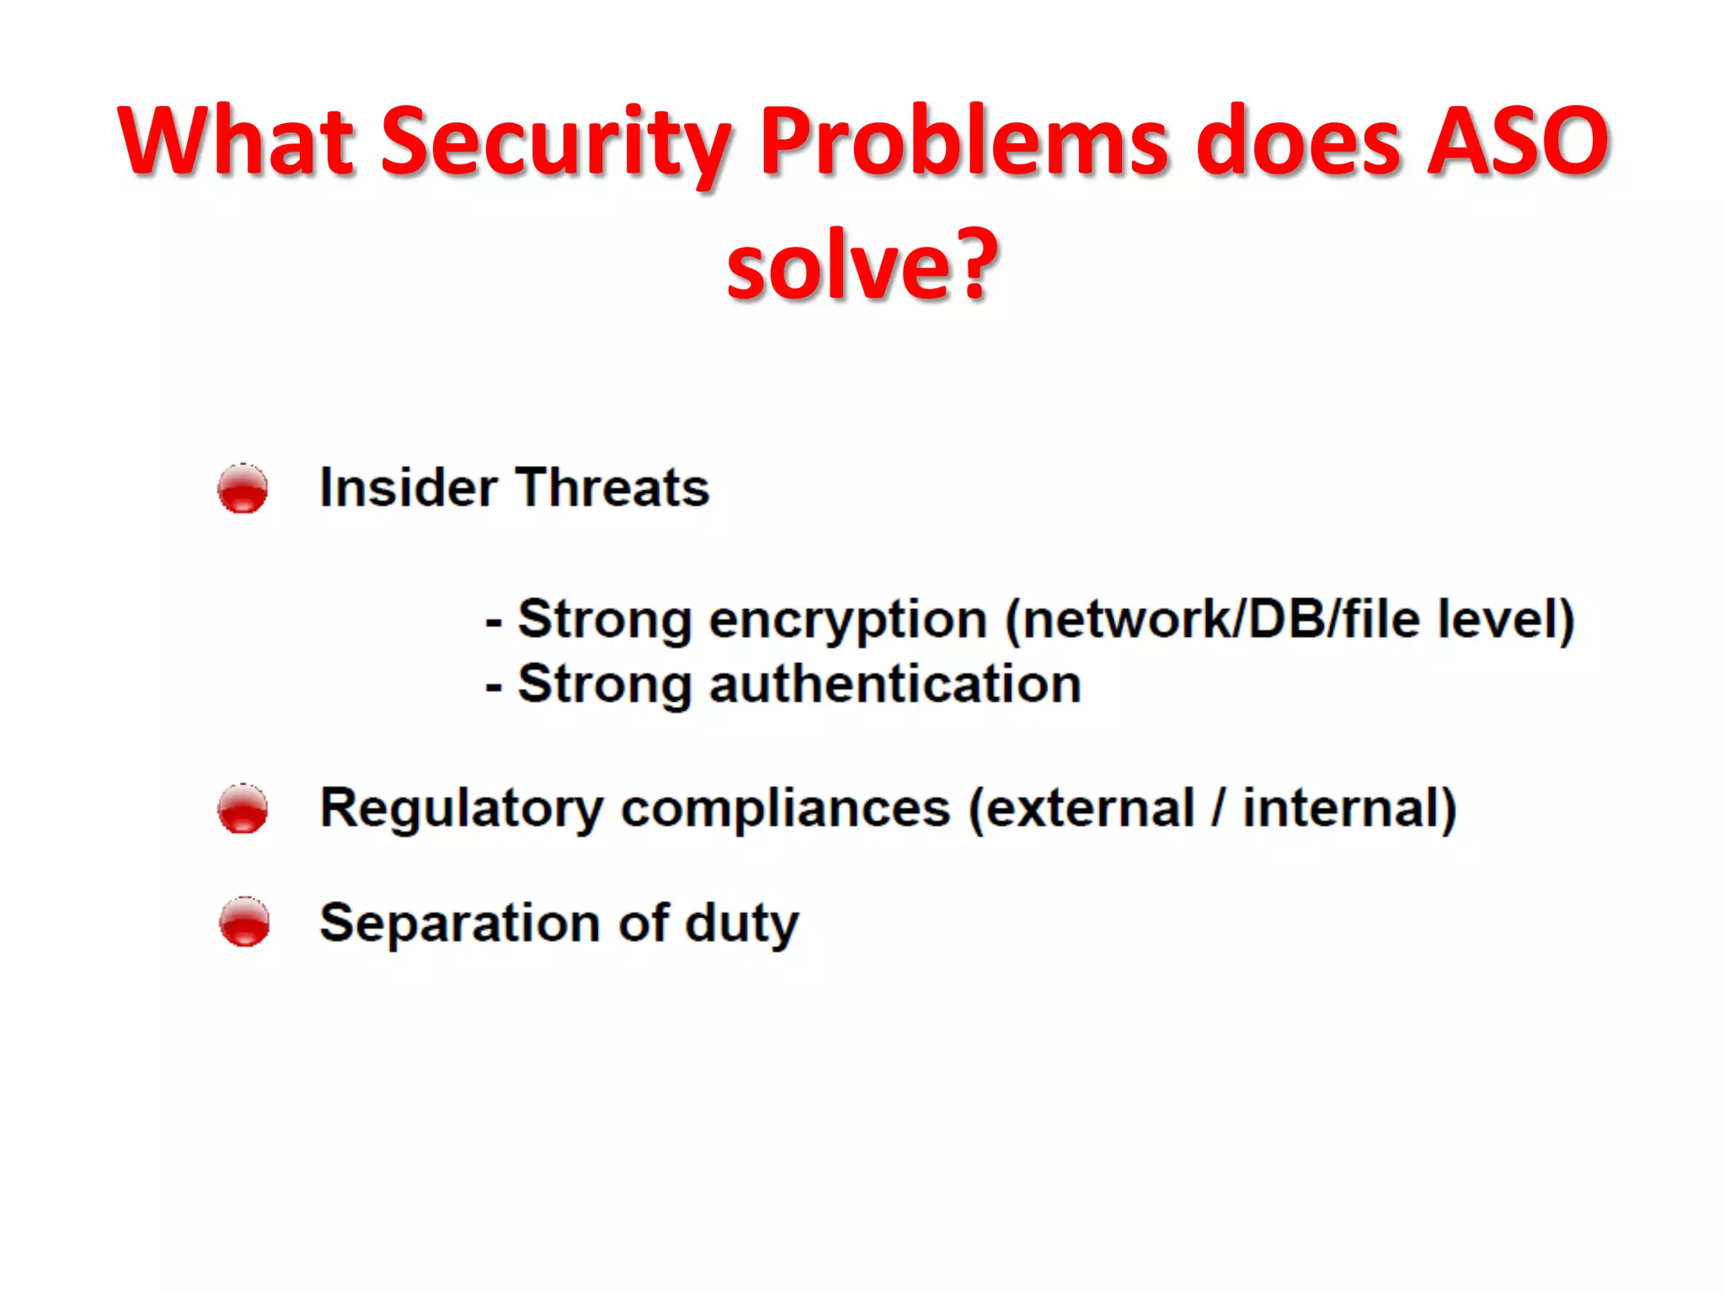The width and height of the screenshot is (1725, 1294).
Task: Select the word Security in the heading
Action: [x=556, y=143]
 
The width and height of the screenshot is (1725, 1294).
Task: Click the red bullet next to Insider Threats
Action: [x=243, y=489]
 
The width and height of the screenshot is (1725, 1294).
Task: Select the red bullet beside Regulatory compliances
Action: [x=243, y=809]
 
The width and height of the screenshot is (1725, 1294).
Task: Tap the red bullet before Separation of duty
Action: [x=244, y=922]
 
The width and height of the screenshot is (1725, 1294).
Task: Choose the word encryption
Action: [x=847, y=622]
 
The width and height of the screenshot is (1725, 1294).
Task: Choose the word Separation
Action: [x=459, y=923]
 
